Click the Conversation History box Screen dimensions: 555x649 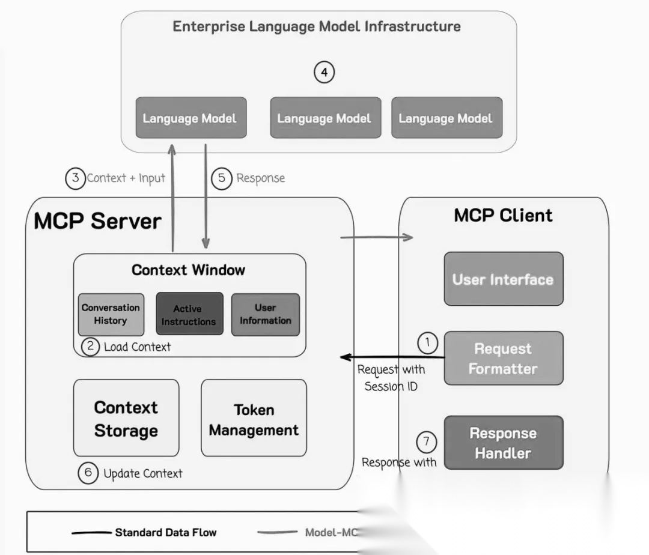coord(111,314)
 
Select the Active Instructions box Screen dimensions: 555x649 coord(189,314)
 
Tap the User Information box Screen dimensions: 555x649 coord(265,314)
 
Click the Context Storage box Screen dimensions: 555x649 coord(126,418)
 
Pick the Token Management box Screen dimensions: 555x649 coord(254,418)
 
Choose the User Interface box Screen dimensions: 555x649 coord(504,279)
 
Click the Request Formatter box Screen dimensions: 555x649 coord(504,358)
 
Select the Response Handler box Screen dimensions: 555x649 coord(504,443)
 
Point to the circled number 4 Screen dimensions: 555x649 coord(324,73)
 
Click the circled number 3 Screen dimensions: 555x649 coord(75,178)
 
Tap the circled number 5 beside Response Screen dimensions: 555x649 coord(222,178)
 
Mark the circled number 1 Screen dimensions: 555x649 coord(427,343)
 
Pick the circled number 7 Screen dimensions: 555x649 coord(426,442)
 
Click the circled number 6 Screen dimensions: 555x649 coord(88,473)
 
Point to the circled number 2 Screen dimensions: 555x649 coord(90,347)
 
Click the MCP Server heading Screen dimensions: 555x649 coord(97,221)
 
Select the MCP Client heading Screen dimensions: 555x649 coord(503,216)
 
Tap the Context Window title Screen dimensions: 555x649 coord(188,270)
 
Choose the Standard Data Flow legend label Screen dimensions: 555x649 coord(166,532)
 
